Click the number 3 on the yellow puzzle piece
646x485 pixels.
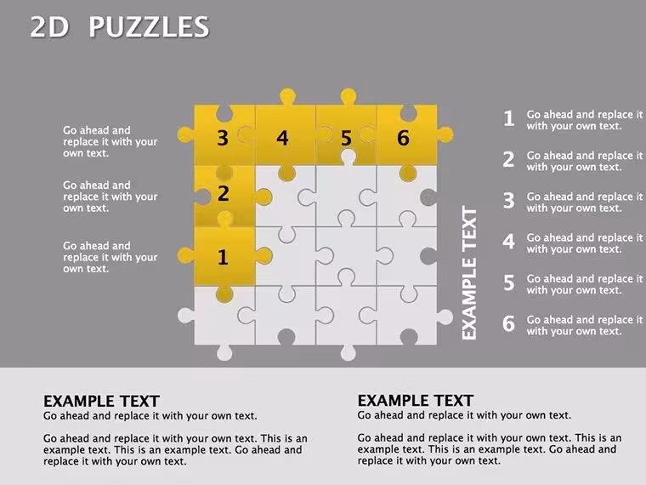(x=223, y=138)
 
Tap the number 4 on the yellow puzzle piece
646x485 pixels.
(x=282, y=138)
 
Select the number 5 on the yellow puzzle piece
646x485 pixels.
(x=347, y=138)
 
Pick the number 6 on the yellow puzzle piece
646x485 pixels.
(x=403, y=138)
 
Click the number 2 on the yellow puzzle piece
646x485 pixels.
(x=224, y=193)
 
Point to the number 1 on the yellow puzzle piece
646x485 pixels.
(x=223, y=257)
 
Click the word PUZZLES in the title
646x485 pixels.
(x=149, y=27)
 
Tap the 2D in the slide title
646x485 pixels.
(x=49, y=27)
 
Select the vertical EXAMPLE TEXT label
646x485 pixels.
(x=469, y=273)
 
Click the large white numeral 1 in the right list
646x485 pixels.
(x=509, y=118)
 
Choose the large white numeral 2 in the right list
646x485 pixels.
(x=509, y=160)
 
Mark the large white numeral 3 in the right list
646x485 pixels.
(x=509, y=201)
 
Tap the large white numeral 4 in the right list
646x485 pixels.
(x=509, y=242)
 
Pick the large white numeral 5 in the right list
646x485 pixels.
(x=509, y=282)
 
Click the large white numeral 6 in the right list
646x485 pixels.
(x=509, y=323)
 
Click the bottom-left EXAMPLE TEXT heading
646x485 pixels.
(x=101, y=402)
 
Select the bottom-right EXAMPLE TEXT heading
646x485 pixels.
(x=416, y=401)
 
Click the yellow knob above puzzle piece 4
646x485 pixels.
(x=287, y=96)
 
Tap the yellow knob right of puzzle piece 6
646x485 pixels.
(x=445, y=134)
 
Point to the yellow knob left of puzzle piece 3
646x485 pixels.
(x=186, y=134)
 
